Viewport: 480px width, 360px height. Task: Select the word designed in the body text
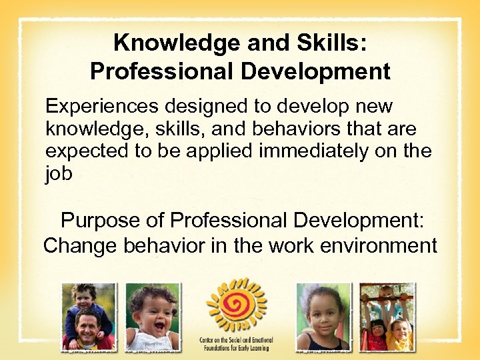pos(217,106)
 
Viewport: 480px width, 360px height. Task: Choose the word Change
pos(80,245)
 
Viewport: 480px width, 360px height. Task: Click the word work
pos(291,245)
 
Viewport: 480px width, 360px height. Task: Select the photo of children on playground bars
pos(387,317)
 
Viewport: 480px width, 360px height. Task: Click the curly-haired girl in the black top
pos(324,317)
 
